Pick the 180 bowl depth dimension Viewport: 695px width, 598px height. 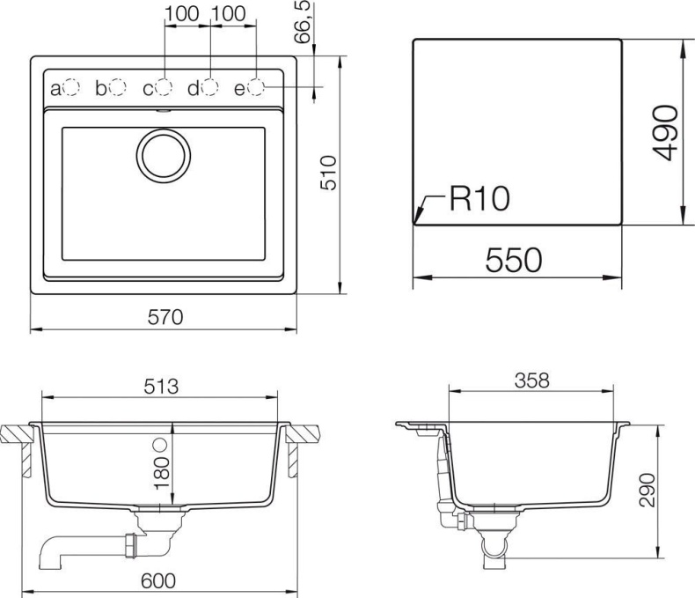[161, 472]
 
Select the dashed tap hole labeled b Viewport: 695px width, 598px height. [117, 87]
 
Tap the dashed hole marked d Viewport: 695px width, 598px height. [209, 87]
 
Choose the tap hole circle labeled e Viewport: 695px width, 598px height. [256, 87]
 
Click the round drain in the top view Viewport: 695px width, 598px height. [163, 155]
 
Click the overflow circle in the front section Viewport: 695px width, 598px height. [161, 443]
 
